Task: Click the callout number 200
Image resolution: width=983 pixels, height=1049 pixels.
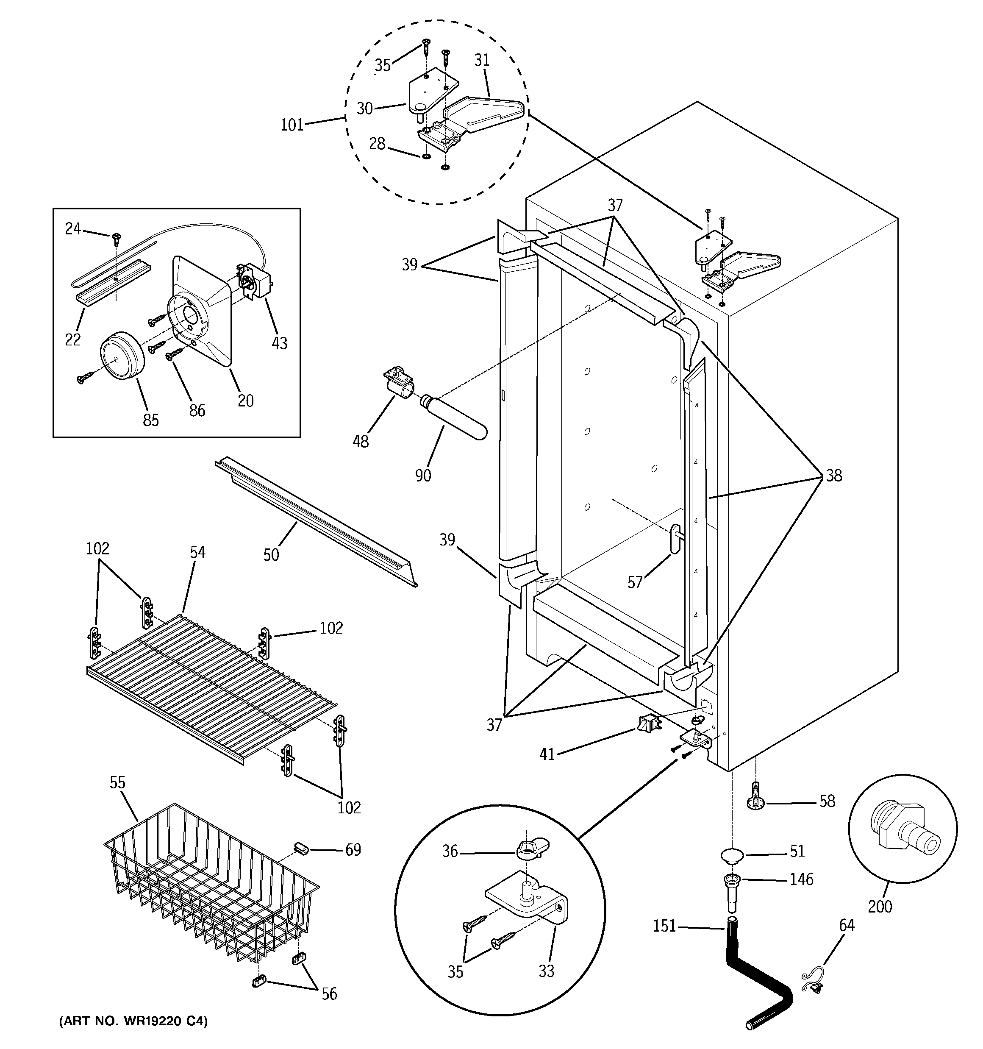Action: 880,907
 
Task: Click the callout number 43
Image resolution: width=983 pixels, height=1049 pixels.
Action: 279,343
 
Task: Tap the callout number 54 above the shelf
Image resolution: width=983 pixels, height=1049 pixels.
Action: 197,552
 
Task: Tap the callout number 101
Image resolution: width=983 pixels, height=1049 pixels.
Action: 292,125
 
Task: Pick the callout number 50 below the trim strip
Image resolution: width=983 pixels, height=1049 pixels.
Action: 271,554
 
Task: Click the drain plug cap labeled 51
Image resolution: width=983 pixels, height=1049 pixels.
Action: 732,854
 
